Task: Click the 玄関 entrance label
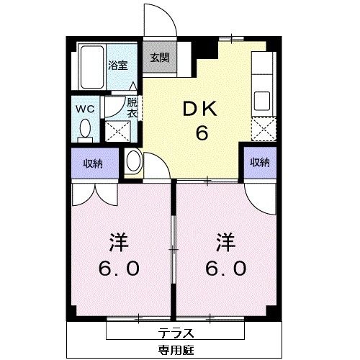pos(161,58)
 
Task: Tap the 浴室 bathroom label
pos(118,64)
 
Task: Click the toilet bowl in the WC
pos(85,130)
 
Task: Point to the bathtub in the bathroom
pos(92,66)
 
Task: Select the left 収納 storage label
pos(91,163)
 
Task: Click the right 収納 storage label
pos(259,163)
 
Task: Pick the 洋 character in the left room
pos(120,241)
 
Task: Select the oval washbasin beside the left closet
pos(133,162)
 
